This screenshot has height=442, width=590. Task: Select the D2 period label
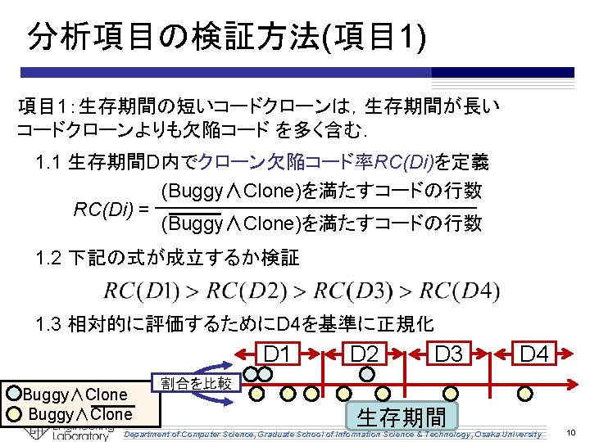tap(364, 354)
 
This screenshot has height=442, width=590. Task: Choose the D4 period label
tap(534, 354)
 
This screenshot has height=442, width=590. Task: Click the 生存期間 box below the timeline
tap(402, 417)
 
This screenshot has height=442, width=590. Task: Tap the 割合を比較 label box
tap(196, 382)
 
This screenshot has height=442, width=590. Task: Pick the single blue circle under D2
tap(368, 374)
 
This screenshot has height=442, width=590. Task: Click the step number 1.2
tap(50, 259)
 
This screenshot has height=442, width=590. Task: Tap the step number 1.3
tap(50, 323)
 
